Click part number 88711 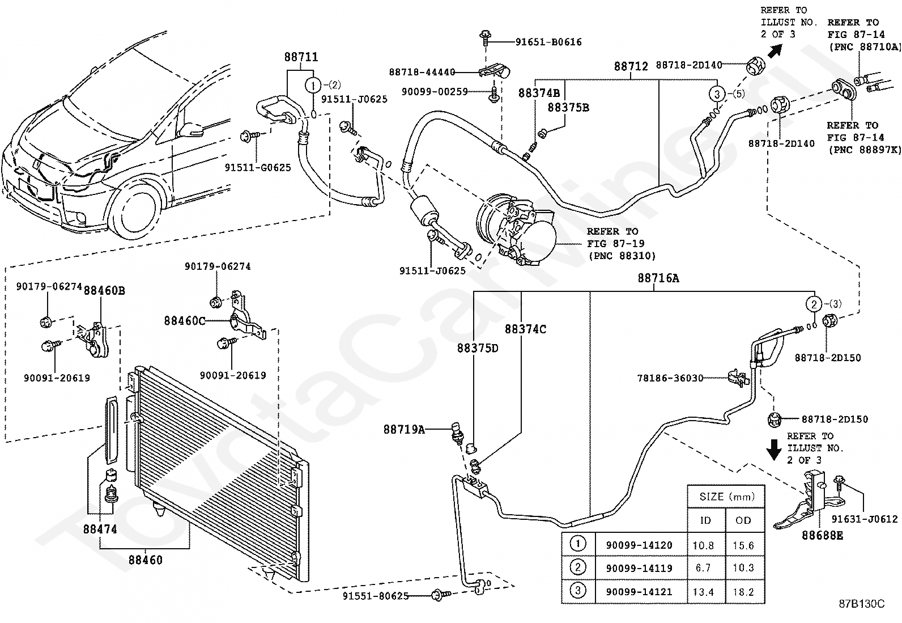click(301, 57)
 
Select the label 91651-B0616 click(548, 42)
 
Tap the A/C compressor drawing click(516, 229)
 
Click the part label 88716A click(658, 278)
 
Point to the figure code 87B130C click(862, 604)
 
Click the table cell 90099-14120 click(639, 545)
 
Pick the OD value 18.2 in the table click(743, 592)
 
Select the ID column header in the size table click(705, 520)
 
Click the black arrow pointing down click(773, 450)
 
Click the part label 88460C click(185, 321)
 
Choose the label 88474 click(100, 529)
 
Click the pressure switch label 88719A click(404, 430)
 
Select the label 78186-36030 click(670, 378)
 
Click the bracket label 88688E click(822, 536)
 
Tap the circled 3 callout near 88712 click(717, 94)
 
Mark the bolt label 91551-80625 click(376, 596)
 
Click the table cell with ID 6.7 click(703, 568)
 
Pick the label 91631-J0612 click(865, 519)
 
